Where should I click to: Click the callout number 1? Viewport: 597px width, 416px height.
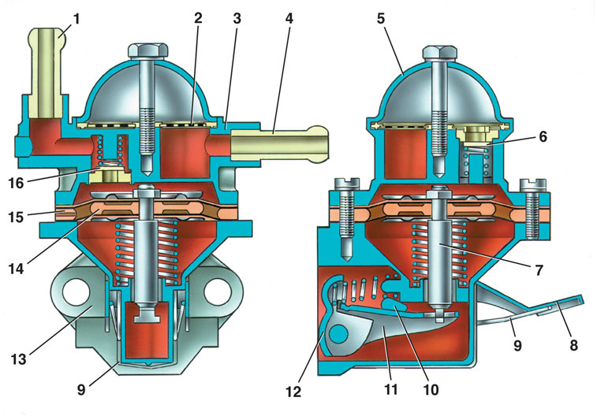click(x=76, y=19)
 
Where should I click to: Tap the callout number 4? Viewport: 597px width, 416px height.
click(x=289, y=19)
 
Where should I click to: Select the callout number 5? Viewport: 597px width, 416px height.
click(x=381, y=19)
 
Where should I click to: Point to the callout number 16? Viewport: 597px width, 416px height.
click(x=17, y=183)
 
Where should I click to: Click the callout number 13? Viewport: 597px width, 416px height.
click(x=17, y=359)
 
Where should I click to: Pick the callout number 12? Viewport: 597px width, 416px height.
click(x=293, y=392)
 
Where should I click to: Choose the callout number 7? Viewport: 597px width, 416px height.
click(x=539, y=270)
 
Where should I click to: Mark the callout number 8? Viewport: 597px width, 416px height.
click(x=573, y=345)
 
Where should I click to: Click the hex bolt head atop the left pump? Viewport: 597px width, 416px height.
click(x=148, y=51)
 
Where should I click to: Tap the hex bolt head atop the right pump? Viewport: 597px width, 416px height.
click(x=441, y=54)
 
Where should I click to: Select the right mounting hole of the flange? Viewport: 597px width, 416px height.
click(x=217, y=292)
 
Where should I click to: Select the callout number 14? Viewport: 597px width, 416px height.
click(x=17, y=269)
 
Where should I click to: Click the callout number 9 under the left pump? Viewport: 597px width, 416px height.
click(x=81, y=391)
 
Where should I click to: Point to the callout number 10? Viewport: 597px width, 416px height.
click(x=431, y=389)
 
